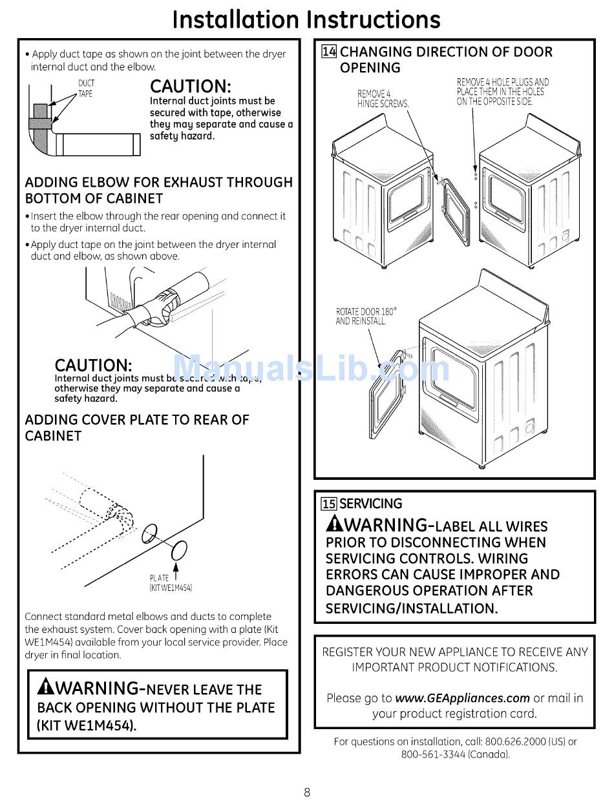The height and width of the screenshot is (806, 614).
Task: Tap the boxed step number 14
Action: tap(329, 52)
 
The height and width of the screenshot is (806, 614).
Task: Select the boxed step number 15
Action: tap(329, 504)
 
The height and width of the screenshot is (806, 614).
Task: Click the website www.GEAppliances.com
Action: tap(463, 698)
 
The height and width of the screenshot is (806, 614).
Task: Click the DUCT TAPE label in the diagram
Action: tap(86, 88)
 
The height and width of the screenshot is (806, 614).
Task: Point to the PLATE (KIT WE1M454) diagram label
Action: tap(171, 583)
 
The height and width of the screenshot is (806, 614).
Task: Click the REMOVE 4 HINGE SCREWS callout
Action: tap(383, 99)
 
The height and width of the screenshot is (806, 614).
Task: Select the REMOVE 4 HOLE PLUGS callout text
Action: tap(502, 92)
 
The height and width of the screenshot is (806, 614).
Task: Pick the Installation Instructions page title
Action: tap(306, 19)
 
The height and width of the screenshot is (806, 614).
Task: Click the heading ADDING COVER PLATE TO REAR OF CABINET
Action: tap(137, 428)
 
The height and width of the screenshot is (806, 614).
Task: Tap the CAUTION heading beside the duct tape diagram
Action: tap(191, 86)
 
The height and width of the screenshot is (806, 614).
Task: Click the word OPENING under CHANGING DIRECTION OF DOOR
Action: tap(370, 68)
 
